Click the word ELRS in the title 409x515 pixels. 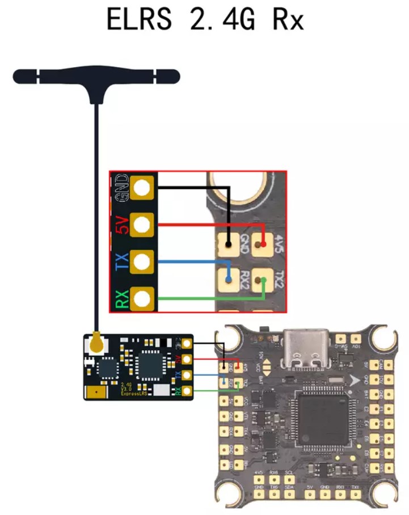139,19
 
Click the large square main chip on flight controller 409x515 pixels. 321,418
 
